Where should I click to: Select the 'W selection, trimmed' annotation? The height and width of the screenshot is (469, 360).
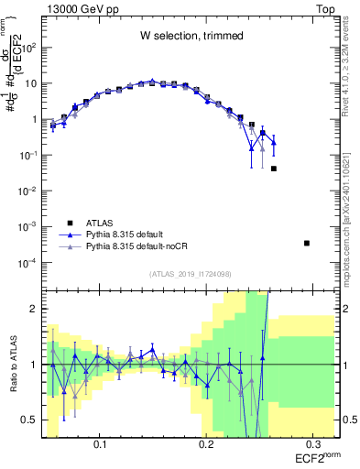click(191, 36)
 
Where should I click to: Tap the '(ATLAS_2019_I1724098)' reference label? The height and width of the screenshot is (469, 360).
click(191, 273)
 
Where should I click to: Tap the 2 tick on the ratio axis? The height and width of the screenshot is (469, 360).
click(35, 309)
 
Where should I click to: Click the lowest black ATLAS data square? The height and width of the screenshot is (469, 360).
click(307, 243)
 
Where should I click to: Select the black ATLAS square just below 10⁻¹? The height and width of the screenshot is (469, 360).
click(274, 169)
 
